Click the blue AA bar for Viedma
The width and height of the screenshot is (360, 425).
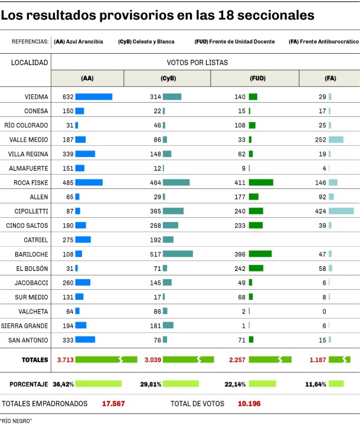[x=93, y=97]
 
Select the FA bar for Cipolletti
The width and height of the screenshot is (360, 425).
[x=341, y=211]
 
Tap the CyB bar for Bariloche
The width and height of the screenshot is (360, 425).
[x=178, y=254]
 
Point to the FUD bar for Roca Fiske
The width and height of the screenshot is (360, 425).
[x=261, y=182]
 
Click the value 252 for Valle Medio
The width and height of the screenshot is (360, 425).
[x=320, y=139]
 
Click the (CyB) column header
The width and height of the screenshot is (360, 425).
[x=167, y=79]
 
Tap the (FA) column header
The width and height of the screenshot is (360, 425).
[x=330, y=79]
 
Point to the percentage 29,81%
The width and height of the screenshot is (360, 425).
[x=150, y=384]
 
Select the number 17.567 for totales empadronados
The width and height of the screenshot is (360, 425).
[x=113, y=404]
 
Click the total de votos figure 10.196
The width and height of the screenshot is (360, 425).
[x=250, y=404]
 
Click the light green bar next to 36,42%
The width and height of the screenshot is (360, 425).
[x=98, y=384]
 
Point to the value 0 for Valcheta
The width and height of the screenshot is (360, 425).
[x=324, y=311]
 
